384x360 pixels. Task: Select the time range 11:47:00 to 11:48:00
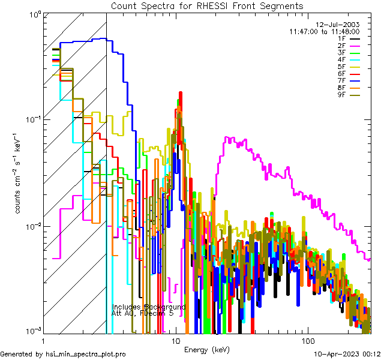pos(324,31)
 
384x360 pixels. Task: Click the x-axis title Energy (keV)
pos(206,350)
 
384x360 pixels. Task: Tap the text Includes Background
pos(149,307)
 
